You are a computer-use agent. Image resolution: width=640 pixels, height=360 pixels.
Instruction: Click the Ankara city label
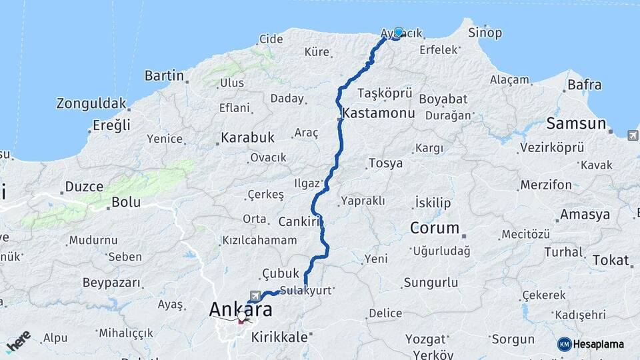click(x=240, y=310)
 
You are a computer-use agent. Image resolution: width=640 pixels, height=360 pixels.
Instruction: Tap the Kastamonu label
click(x=379, y=114)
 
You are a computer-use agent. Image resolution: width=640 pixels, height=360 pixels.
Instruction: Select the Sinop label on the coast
click(x=485, y=33)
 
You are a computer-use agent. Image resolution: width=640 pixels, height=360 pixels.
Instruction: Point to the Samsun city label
click(x=575, y=123)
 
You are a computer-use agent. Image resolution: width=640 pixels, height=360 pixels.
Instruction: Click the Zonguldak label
click(x=91, y=103)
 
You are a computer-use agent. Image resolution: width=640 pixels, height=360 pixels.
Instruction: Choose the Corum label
click(x=435, y=228)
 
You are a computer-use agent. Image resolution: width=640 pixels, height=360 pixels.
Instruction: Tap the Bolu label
click(x=125, y=201)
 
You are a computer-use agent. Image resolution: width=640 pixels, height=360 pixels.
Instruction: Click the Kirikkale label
click(x=279, y=337)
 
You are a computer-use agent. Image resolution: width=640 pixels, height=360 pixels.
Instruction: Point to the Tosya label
click(x=385, y=163)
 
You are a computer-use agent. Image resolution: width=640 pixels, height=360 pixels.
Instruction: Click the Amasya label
click(x=585, y=215)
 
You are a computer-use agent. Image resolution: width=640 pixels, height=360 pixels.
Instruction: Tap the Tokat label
click(x=610, y=261)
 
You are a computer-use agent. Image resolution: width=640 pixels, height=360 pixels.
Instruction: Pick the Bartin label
click(x=164, y=76)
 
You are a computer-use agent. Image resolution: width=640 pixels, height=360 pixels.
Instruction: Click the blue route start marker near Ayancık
click(x=399, y=32)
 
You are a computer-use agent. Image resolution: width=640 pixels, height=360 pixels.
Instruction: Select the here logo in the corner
click(x=18, y=341)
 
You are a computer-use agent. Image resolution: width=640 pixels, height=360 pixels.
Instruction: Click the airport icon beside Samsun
click(x=632, y=136)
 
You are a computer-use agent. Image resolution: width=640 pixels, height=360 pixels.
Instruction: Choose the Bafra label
click(x=584, y=85)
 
